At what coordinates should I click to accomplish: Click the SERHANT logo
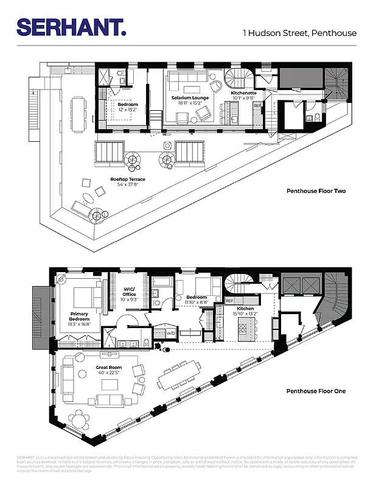[71, 27]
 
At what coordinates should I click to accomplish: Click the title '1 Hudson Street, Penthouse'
[299, 33]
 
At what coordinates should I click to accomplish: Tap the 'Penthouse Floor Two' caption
[316, 191]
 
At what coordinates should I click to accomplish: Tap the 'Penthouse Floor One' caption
[316, 391]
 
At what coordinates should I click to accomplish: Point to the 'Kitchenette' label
[243, 93]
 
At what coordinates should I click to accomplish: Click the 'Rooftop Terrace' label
[128, 179]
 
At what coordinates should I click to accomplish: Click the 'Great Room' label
[109, 368]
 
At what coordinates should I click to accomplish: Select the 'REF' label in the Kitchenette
[257, 106]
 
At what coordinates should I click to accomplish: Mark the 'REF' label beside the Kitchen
[229, 301]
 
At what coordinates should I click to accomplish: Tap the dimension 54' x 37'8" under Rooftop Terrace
[128, 184]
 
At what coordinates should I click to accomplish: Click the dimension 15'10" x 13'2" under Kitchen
[245, 314]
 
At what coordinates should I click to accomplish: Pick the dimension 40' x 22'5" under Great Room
[109, 373]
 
